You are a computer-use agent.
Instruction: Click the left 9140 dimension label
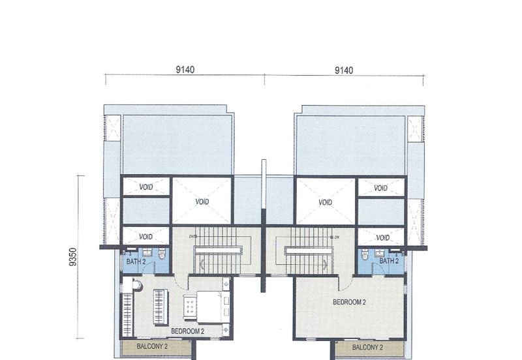[x=185, y=70]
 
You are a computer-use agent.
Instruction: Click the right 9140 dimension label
[x=344, y=70]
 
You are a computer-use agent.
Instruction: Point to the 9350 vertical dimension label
[x=73, y=257]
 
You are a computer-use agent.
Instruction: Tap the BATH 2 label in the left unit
[x=136, y=262]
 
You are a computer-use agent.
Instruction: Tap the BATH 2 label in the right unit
[x=389, y=261]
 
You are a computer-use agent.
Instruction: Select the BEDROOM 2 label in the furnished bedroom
[x=187, y=331]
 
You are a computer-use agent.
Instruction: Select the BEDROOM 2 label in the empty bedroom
[x=349, y=302]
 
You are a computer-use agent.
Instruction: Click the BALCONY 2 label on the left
[x=152, y=346]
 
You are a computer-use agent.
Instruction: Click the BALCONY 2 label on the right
[x=367, y=348]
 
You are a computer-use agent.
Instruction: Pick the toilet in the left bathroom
[x=162, y=254]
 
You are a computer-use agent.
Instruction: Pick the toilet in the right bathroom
[x=365, y=254]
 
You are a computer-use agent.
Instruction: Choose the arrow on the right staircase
[x=325, y=265]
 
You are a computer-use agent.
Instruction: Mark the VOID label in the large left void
[x=202, y=202]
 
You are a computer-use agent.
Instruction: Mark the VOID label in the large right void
[x=325, y=202]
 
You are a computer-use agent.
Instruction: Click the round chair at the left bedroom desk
[x=137, y=285]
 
